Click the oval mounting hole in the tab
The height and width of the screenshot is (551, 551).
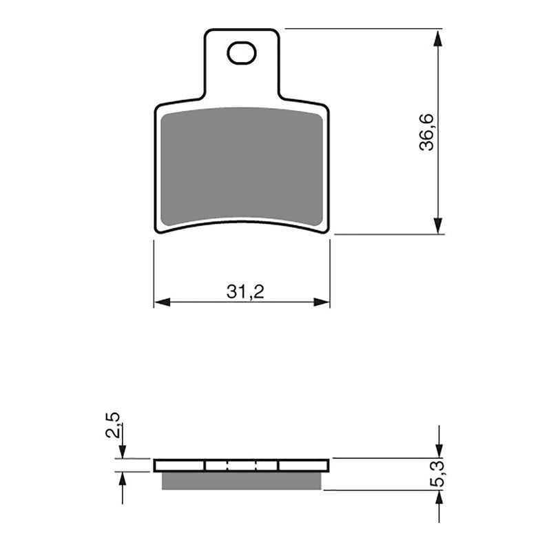point(241,52)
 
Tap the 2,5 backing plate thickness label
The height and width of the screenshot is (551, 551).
point(114,426)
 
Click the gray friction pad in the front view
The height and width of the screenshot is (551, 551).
point(241,165)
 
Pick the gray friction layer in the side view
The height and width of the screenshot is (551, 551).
point(241,481)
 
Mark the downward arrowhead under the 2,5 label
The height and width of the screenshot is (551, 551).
point(123,451)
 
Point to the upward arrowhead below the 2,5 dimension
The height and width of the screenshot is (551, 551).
point(123,479)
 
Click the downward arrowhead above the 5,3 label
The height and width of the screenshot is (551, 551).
point(439,450)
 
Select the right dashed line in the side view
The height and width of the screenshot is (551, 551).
point(257,466)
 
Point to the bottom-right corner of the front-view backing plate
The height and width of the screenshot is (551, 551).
point(326,231)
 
